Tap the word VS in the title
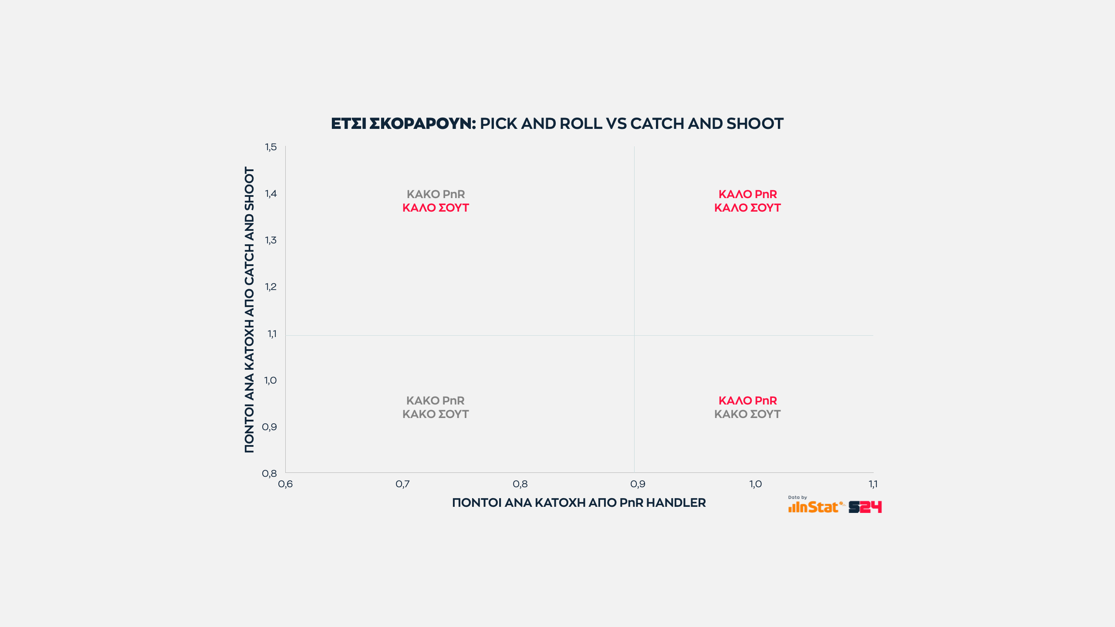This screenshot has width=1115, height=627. (616, 124)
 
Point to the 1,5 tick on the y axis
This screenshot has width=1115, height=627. (271, 147)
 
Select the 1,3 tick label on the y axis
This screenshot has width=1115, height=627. (271, 240)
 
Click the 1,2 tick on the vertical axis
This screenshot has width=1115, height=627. (271, 287)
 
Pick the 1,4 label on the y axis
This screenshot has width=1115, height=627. (271, 194)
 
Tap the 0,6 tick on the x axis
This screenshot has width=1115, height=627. (285, 484)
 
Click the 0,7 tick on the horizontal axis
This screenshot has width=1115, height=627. (402, 484)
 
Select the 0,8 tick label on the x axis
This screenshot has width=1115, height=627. (520, 484)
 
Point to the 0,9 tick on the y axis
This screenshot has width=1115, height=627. (270, 427)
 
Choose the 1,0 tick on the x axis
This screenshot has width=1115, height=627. (756, 484)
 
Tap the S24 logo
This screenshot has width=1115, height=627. (865, 507)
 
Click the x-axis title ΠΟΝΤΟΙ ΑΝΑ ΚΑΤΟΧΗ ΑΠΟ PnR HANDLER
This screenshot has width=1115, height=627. (579, 503)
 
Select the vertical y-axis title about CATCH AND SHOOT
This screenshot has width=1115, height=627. (249, 310)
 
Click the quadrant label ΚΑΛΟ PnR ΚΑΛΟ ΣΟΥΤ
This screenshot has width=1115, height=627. (747, 201)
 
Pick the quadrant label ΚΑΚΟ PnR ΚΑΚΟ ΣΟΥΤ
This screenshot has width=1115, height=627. (436, 407)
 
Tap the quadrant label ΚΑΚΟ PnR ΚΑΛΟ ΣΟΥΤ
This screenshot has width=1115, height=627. (436, 201)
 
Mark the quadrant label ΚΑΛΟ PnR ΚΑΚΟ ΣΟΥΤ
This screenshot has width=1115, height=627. (747, 407)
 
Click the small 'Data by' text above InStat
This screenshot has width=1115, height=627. (797, 497)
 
